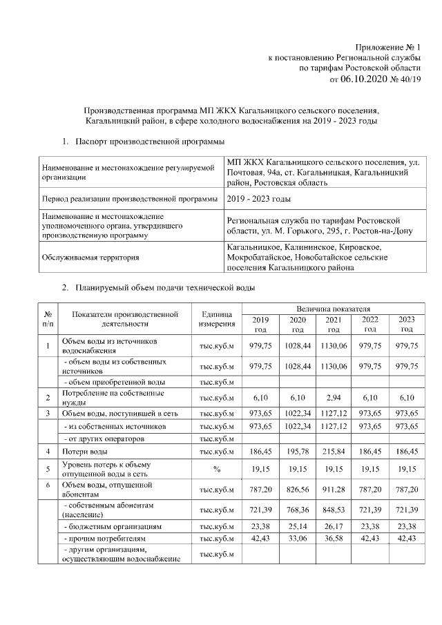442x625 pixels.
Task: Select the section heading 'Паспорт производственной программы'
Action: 150,141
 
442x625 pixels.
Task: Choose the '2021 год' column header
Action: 333,324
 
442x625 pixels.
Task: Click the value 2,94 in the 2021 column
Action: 333,398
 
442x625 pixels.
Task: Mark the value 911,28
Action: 333,490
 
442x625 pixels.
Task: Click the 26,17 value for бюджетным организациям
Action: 333,526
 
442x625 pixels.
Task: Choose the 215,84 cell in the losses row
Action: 333,450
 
